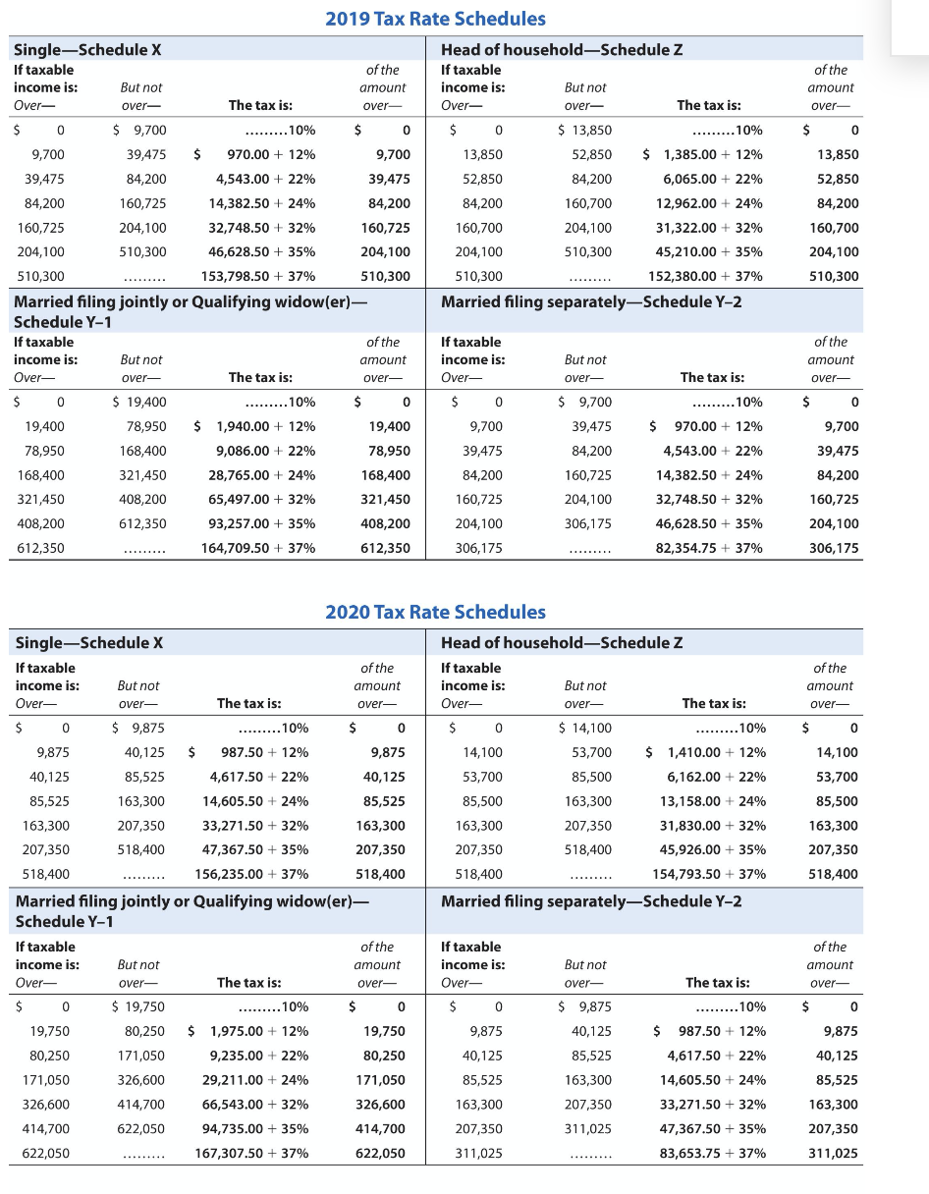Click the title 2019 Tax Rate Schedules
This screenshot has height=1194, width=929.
[x=435, y=19]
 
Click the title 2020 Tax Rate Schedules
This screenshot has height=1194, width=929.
[x=435, y=612]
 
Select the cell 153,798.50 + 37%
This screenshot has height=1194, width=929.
[x=258, y=277]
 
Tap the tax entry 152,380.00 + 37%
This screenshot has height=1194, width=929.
[x=705, y=277]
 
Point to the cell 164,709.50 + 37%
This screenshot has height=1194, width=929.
[x=258, y=548]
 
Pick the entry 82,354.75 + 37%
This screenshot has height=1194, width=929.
[x=708, y=548]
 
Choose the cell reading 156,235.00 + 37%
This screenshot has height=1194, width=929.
[x=251, y=874]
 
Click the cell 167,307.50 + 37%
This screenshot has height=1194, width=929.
[x=251, y=1153]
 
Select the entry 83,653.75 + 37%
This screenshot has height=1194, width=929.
[x=712, y=1153]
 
